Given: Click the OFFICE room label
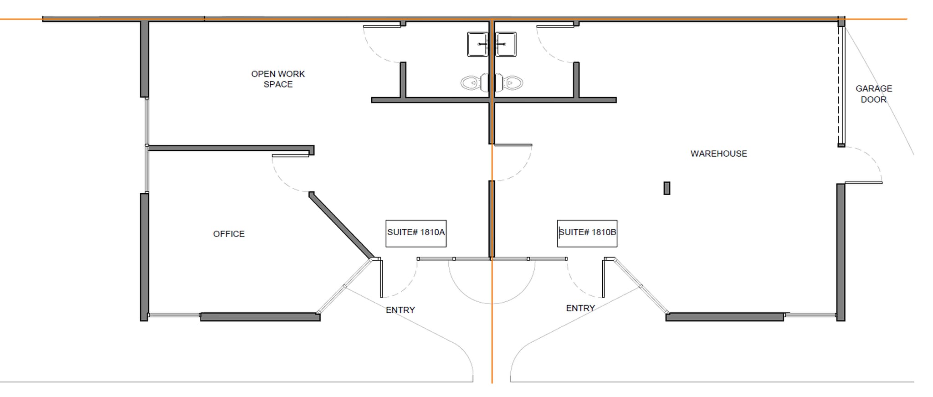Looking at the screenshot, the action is coord(229,234).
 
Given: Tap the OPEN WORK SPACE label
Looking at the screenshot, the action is coord(278,79).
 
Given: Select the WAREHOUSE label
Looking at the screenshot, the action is coord(718,154).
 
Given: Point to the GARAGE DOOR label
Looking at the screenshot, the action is coord(873,94).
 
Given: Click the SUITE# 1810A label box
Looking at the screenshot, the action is coord(416,233).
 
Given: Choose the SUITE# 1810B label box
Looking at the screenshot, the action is coord(587,233).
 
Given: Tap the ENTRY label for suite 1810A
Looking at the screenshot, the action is coord(400,310).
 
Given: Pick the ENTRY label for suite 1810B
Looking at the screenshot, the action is coord(580,308).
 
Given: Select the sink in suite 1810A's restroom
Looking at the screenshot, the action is coord(477,44).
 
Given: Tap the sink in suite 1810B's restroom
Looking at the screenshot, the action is coord(506,44).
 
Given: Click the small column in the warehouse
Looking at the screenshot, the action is coord(666,188).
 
